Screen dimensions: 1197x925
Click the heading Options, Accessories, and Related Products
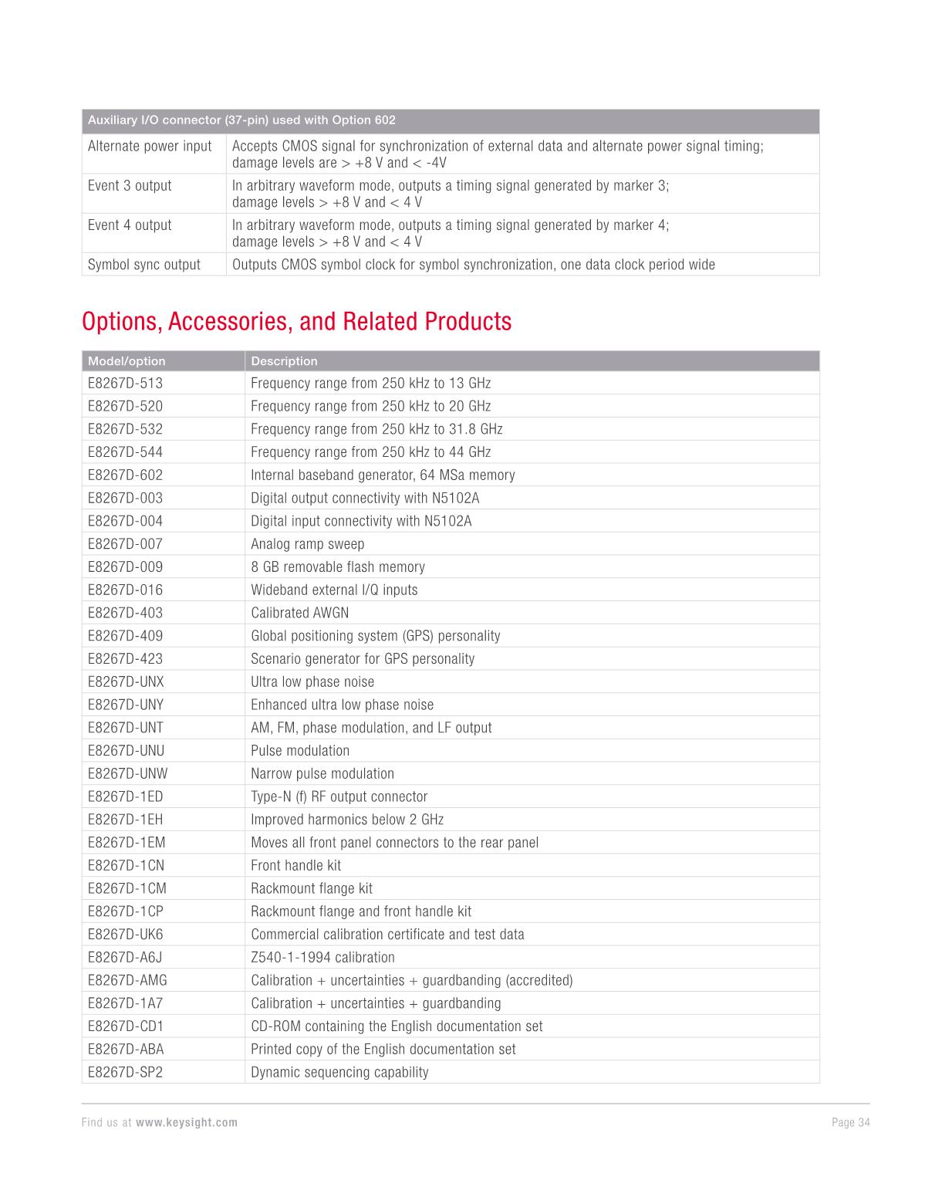point(296,321)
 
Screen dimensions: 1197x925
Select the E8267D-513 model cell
point(125,384)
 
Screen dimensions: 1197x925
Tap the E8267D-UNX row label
point(126,682)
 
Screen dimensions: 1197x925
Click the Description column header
point(284,361)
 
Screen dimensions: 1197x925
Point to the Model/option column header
point(127,361)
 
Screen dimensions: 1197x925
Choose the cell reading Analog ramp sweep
point(307,544)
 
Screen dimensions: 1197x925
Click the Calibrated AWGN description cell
point(299,613)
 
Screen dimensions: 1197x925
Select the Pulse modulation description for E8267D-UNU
point(300,751)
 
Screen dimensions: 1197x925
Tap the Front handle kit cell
point(295,866)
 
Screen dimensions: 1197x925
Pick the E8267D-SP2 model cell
point(125,1073)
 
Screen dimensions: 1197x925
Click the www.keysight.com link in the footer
point(187,1123)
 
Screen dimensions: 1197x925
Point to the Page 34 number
point(850,1123)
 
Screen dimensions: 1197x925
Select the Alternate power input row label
point(150,147)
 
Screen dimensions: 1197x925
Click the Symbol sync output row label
point(144,265)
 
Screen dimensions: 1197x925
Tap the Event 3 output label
point(130,186)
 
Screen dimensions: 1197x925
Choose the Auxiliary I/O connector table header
point(241,120)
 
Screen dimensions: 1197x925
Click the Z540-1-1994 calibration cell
point(322,958)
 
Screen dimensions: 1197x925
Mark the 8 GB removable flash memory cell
point(338,567)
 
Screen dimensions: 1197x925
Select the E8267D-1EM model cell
point(127,843)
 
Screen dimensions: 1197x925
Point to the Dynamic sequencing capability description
point(339,1073)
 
